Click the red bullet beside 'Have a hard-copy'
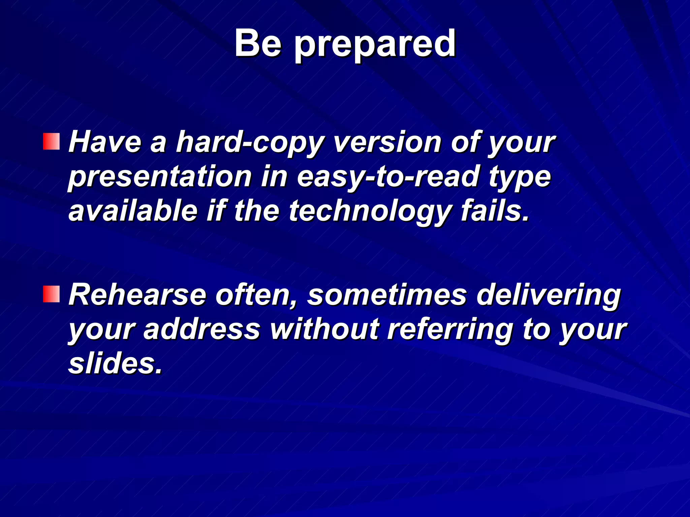click(51, 142)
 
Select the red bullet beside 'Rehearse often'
click(51, 294)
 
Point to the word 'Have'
click(105, 142)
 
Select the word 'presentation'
click(160, 177)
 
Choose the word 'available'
click(133, 211)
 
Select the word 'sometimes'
click(387, 295)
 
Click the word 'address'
click(202, 329)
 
